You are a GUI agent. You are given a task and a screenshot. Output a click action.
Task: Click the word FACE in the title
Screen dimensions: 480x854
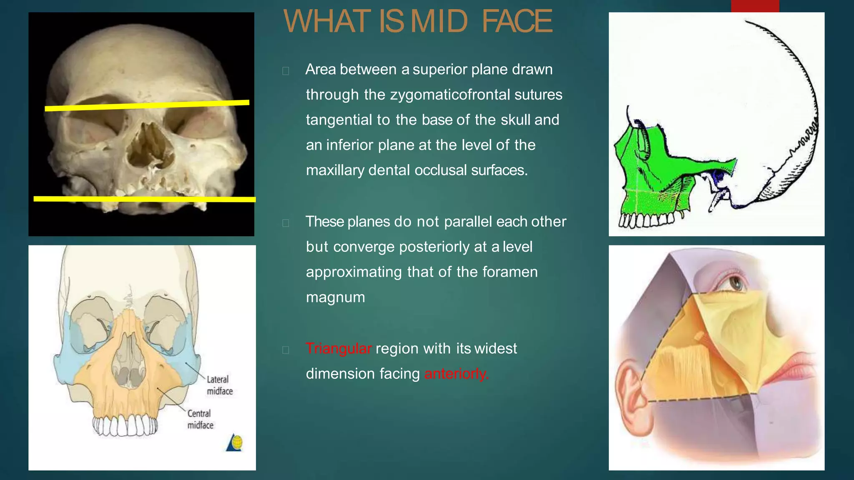point(517,22)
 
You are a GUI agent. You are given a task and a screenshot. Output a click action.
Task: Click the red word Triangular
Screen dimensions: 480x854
point(338,348)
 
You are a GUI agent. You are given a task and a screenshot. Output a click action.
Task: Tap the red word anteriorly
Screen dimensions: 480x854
point(456,374)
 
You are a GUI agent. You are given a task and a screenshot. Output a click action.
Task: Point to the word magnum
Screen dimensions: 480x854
point(335,297)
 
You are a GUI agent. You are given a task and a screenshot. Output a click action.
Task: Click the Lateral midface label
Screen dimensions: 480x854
point(219,385)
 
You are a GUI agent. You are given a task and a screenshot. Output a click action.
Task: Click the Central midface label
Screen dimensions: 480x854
point(200,419)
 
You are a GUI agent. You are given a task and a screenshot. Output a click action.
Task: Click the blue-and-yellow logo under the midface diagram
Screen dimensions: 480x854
point(235,442)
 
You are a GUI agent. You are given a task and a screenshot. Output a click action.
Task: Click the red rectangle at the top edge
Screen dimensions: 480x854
point(755,6)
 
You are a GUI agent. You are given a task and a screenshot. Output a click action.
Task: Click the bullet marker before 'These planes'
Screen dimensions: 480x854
point(286,223)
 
